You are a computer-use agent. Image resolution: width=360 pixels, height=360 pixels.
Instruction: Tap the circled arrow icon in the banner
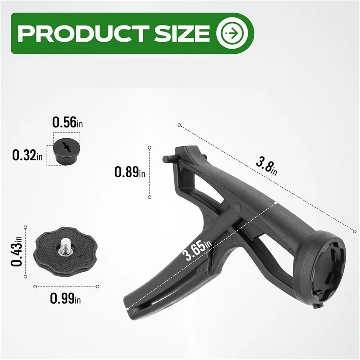click(232, 33)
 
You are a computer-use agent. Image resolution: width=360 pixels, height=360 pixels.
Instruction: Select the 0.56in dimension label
click(67, 122)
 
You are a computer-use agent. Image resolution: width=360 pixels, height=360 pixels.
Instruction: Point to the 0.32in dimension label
click(28, 155)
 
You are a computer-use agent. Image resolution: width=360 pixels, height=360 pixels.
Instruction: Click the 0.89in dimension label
click(130, 172)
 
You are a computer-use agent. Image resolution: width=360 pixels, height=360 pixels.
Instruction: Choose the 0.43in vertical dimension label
click(16, 251)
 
